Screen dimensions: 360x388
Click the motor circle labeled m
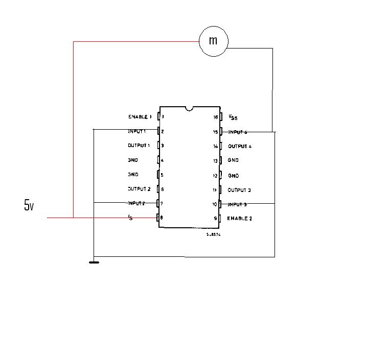pyautogui.click(x=213, y=41)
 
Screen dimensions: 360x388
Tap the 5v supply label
pyautogui.click(x=29, y=205)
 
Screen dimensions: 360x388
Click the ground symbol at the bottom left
pyautogui.click(x=94, y=262)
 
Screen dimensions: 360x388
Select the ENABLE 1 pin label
pyautogui.click(x=140, y=117)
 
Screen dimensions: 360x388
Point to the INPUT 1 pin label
pyautogui.click(x=137, y=131)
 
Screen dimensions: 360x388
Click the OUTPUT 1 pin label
pyautogui.click(x=139, y=146)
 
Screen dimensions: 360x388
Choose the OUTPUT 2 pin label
pyautogui.click(x=139, y=189)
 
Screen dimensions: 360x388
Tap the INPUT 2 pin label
pyautogui.click(x=137, y=203)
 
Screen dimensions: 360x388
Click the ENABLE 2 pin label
pyautogui.click(x=239, y=219)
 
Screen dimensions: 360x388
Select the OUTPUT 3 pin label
pyautogui.click(x=239, y=190)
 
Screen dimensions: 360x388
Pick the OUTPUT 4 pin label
pyautogui.click(x=239, y=147)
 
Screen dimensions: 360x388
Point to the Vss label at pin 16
pyautogui.click(x=233, y=117)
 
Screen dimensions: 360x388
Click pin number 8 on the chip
pyautogui.click(x=162, y=218)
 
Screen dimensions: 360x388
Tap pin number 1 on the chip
pyautogui.click(x=163, y=117)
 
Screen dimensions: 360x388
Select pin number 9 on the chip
pyautogui.click(x=216, y=219)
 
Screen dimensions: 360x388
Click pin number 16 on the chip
pyautogui.click(x=216, y=117)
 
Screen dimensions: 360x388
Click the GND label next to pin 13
pyautogui.click(x=233, y=161)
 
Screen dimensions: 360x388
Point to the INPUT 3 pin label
pyautogui.click(x=237, y=204)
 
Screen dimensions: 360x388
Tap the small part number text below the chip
pyautogui.click(x=213, y=234)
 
